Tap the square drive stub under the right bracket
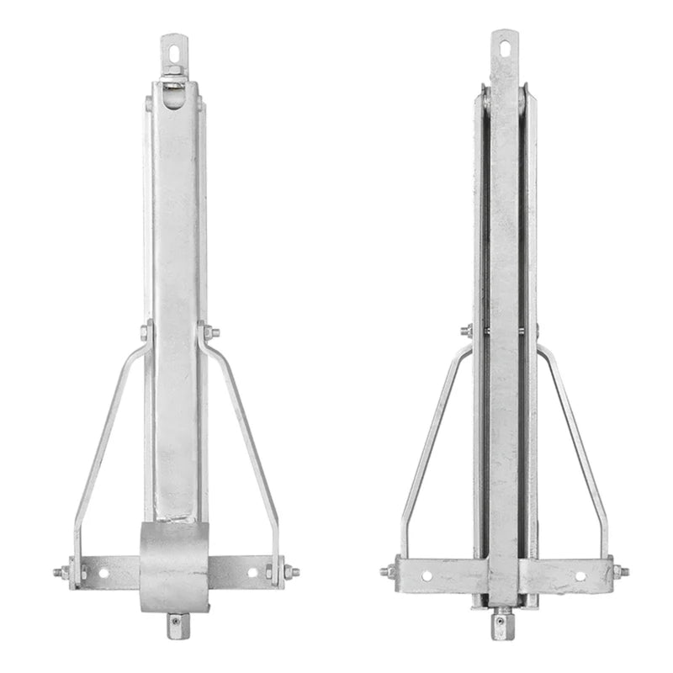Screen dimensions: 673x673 (x=501, y=621)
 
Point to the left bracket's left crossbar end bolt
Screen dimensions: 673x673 (x=62, y=573)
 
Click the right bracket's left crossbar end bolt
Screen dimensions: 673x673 (x=388, y=571)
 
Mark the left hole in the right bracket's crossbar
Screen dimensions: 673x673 (x=427, y=576)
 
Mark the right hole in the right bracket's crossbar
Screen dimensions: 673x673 (x=580, y=576)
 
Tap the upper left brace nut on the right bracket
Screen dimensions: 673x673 (x=467, y=331)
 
